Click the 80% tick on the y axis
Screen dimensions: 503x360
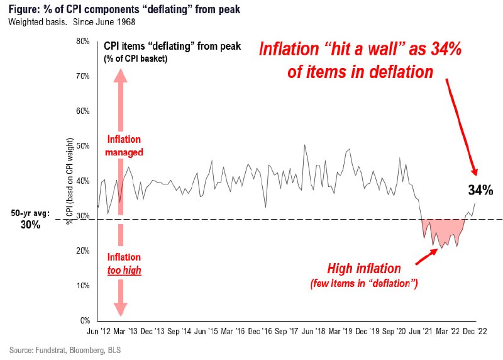point(83,41)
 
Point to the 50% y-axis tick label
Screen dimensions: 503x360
point(83,146)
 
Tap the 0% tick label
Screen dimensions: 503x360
point(85,320)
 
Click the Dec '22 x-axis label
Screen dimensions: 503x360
point(475,332)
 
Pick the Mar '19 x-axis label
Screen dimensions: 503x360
point(340,332)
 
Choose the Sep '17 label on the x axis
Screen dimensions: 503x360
point(287,332)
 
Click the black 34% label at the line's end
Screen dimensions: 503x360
point(480,190)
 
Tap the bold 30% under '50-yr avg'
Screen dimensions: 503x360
point(30,225)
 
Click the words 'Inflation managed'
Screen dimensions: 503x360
point(124,146)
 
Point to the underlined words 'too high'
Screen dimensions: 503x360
point(124,270)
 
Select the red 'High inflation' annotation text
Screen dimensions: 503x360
point(364,269)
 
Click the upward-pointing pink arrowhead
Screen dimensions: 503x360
point(120,76)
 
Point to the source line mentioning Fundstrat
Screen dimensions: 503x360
point(65,350)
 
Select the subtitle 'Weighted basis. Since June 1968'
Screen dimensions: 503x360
point(72,22)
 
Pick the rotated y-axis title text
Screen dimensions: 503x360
point(70,181)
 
